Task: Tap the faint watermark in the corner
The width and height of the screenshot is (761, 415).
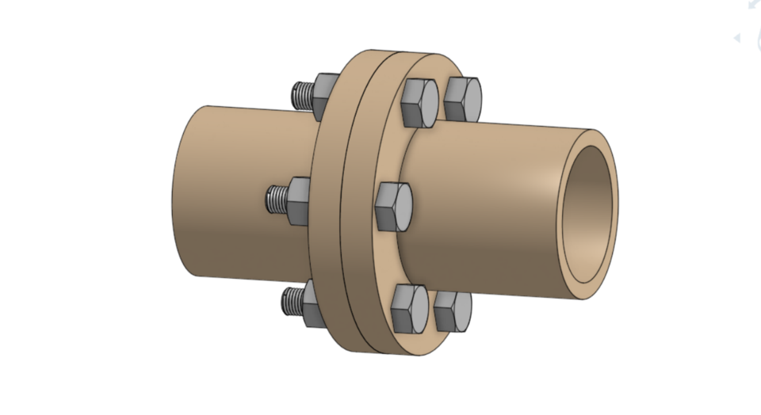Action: pyautogui.click(x=748, y=24)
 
